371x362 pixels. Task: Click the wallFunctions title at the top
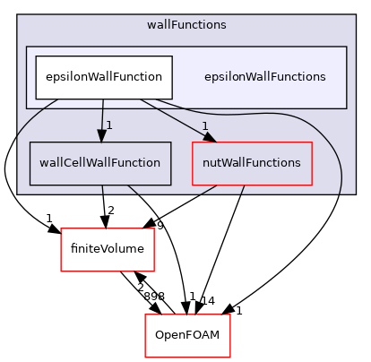click(x=186, y=24)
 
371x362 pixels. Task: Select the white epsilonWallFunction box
click(x=103, y=77)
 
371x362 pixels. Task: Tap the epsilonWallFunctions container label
click(x=264, y=77)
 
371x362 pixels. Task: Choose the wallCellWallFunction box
click(x=100, y=163)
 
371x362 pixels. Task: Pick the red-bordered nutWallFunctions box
click(x=252, y=163)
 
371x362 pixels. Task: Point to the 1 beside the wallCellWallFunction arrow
click(x=108, y=125)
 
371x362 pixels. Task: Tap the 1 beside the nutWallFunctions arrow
click(x=204, y=126)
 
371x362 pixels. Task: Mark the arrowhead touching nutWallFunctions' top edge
click(x=210, y=136)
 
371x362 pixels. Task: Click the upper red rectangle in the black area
click(x=108, y=250)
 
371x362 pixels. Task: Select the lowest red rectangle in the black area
click(x=187, y=336)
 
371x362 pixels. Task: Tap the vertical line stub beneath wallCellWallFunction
click(x=102, y=189)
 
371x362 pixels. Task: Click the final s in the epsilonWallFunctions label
click(x=323, y=77)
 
